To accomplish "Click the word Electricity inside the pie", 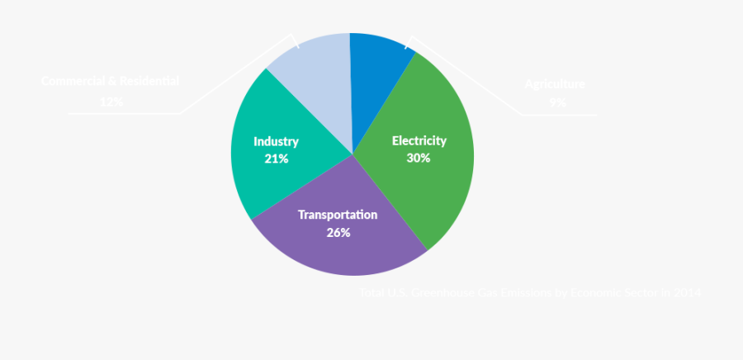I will tap(419, 140).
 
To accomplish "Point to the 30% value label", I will tap(419, 158).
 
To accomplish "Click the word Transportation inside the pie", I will tap(338, 215).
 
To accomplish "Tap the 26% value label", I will tap(338, 233).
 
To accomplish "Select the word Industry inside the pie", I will tap(276, 141).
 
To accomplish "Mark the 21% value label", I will tap(276, 159).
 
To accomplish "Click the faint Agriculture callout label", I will tap(555, 84).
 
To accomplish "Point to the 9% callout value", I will tap(557, 102).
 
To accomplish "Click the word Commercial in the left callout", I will tap(75, 81).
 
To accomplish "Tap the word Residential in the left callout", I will tap(149, 81).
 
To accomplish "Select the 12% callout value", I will tap(111, 101).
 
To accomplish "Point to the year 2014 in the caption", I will tap(687, 293).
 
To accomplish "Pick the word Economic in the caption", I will tap(598, 293).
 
